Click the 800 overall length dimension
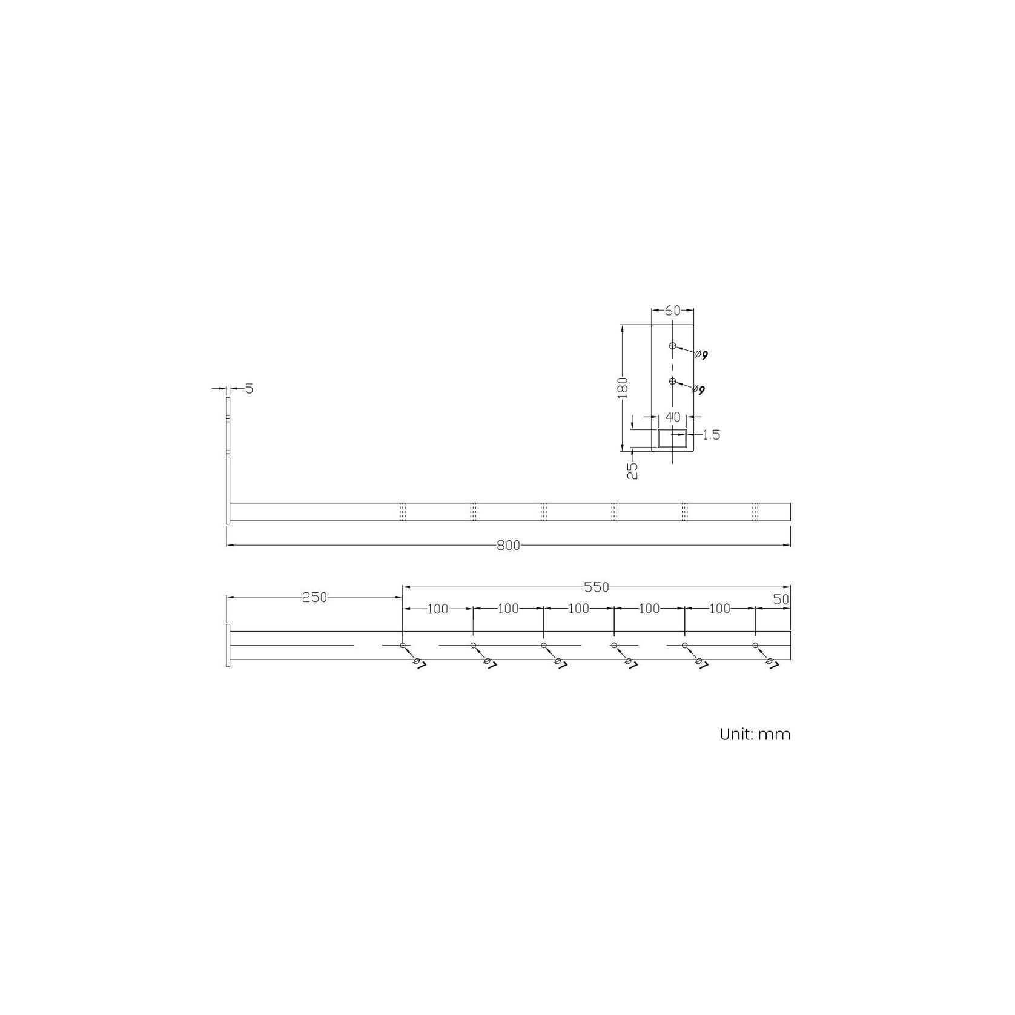[508, 546]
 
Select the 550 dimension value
[596, 587]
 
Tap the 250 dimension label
[314, 598]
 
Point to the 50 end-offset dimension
[781, 599]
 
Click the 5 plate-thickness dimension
[249, 389]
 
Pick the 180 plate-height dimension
[623, 388]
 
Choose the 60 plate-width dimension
[672, 311]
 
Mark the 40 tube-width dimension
[673, 417]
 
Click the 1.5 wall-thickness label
[712, 435]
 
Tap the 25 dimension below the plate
[632, 471]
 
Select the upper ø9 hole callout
[701, 354]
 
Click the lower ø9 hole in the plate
[672, 381]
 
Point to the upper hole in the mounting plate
[672, 346]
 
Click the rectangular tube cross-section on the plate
[673, 438]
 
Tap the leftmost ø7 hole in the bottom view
[403, 646]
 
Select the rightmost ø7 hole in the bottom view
[755, 646]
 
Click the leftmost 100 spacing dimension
[437, 609]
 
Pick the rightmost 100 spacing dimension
[719, 609]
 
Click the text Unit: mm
[755, 735]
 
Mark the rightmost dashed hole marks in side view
[755, 511]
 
